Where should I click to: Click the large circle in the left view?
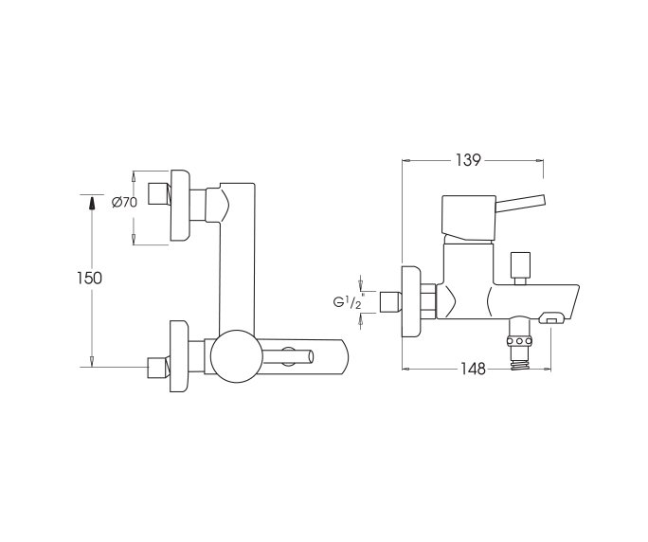(x=232, y=358)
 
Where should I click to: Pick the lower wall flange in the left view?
(x=180, y=358)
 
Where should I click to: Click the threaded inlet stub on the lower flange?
(x=155, y=366)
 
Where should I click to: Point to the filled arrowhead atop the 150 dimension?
(x=92, y=203)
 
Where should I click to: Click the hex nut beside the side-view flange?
(x=429, y=301)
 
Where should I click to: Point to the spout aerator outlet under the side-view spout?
(x=548, y=322)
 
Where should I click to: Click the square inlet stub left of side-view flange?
(x=387, y=302)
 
